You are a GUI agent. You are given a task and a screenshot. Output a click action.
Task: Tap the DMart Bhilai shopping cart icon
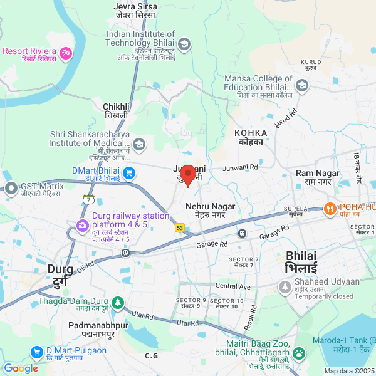[x=129, y=173]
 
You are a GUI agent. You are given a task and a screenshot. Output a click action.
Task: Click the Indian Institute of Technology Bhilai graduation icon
[x=184, y=44]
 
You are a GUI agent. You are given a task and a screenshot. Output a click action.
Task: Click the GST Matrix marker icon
[x=11, y=187]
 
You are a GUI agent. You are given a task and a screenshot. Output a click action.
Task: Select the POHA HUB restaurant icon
[x=329, y=209]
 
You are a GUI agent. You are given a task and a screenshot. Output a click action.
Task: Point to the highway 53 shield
[x=180, y=228]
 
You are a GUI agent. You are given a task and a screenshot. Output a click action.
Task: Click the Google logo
[x=21, y=368]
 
